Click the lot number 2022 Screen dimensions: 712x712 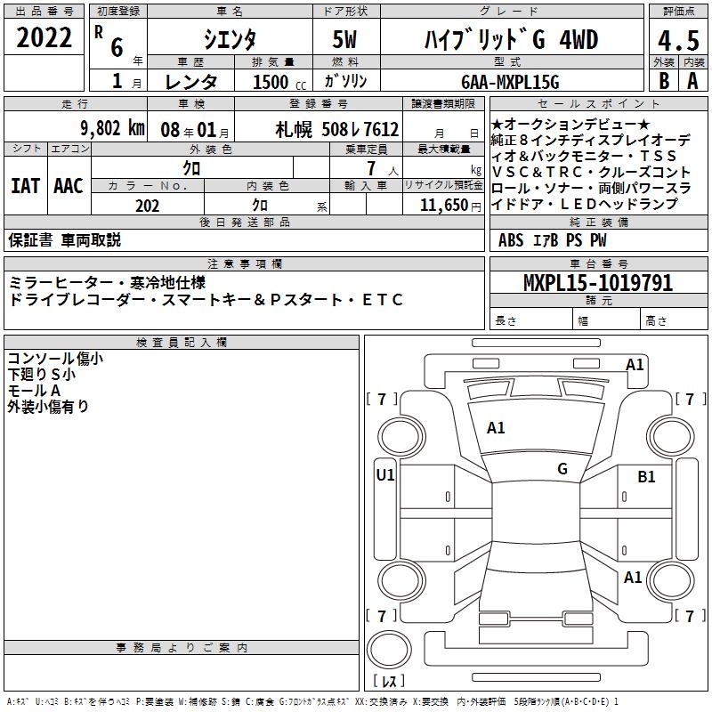point(44,37)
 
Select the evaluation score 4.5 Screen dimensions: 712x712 point(678,40)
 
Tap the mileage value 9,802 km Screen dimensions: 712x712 point(113,128)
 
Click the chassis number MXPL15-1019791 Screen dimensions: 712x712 point(598,282)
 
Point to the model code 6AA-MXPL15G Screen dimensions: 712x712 point(510,82)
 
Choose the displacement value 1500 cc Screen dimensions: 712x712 point(279,82)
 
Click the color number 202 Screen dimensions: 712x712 point(147,206)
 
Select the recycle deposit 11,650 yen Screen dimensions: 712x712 point(450,206)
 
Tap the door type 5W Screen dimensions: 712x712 point(344,39)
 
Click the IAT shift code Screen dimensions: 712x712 point(25,186)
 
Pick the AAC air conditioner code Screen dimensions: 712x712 point(69,186)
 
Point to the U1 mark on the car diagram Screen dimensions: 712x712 point(385,475)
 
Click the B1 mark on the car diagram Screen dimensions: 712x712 point(646,477)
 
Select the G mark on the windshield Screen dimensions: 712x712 point(562,469)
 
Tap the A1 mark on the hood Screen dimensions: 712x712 point(496,428)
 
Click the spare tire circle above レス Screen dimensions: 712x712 point(389,650)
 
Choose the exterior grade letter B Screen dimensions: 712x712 point(664,81)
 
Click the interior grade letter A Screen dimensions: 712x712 point(692,81)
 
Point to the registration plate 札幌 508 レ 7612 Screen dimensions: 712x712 point(337,130)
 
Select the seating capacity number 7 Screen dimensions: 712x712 point(371,168)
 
